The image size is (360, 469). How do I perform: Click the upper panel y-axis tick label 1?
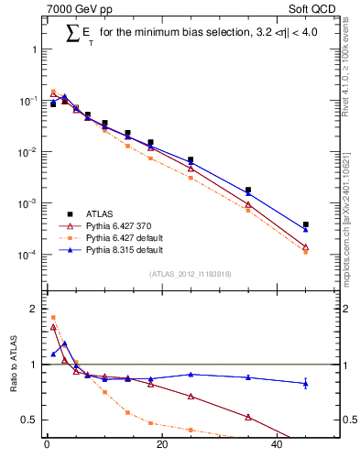click(35, 49)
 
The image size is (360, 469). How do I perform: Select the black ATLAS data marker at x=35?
click(248, 190)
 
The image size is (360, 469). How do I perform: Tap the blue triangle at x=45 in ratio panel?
click(306, 383)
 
